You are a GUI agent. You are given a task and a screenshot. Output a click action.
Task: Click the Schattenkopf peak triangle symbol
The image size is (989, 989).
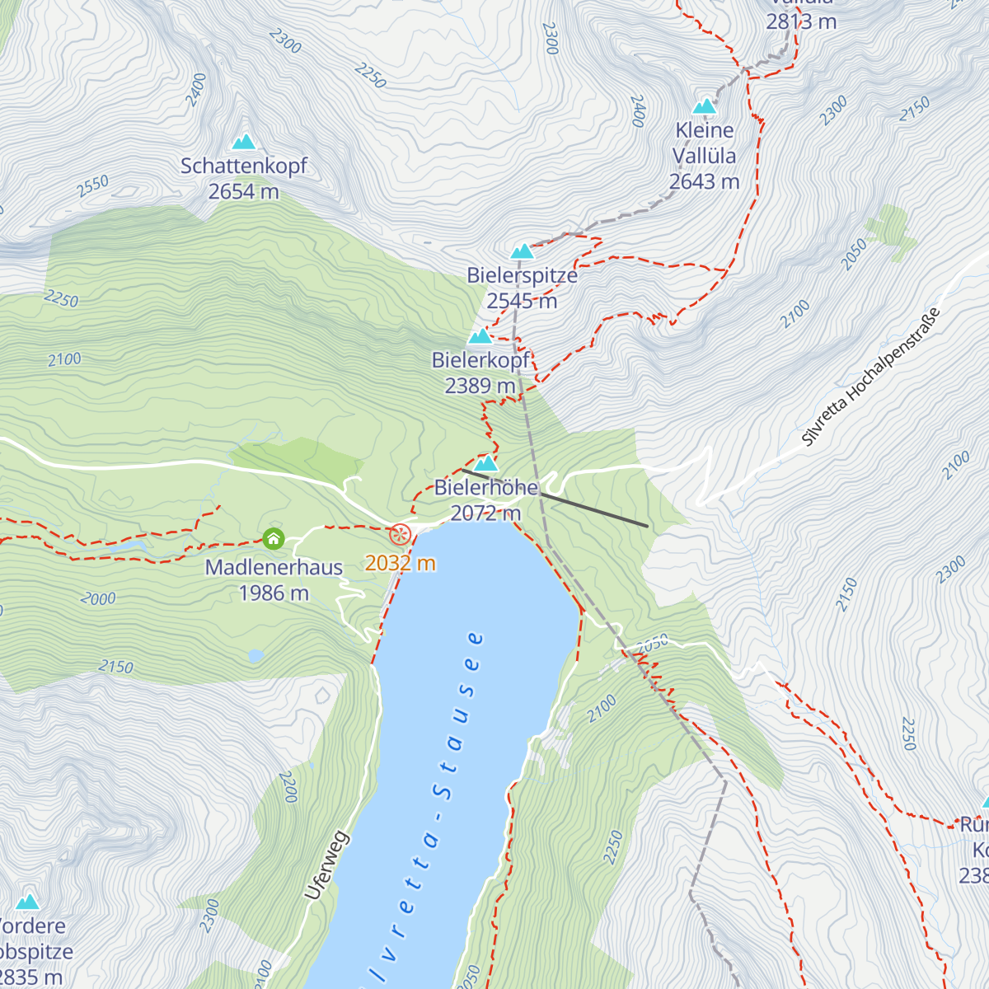coord(244,143)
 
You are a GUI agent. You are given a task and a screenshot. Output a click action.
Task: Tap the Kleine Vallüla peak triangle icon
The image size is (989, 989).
coord(704,106)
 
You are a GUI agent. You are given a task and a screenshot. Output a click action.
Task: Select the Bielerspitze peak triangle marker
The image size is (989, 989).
coord(522,251)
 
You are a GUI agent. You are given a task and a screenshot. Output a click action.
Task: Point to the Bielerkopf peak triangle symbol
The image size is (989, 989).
coord(480,336)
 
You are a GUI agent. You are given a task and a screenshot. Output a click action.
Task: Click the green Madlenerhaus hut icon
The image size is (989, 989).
coord(274,539)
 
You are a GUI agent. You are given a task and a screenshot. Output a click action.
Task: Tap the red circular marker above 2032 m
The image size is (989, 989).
coord(401,534)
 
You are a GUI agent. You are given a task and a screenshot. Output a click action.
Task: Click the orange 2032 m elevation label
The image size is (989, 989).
coord(401,564)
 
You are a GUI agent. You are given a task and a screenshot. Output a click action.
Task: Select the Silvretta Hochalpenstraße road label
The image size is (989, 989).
coord(871,377)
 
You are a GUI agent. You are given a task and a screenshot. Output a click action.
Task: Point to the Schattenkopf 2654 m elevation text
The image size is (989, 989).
coord(244,191)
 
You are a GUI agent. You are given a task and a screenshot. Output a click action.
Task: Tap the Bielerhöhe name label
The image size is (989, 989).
coord(486,487)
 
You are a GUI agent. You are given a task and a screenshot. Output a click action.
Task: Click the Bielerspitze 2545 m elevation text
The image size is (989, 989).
coord(522,301)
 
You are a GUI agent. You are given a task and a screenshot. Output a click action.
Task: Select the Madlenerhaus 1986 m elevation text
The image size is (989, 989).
coord(274,593)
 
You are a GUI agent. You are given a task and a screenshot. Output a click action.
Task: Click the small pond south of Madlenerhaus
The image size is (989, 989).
coord(255,656)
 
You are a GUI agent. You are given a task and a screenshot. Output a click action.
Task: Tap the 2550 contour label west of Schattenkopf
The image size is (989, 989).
coord(92,186)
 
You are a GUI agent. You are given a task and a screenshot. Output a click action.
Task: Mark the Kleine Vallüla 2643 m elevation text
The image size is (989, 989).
coord(704,181)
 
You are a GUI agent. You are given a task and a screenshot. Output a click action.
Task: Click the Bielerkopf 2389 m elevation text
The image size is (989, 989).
coord(480,385)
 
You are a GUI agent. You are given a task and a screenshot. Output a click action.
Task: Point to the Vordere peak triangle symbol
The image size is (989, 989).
coord(28,902)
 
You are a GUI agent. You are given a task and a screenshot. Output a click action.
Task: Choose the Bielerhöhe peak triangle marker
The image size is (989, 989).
coord(486,463)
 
